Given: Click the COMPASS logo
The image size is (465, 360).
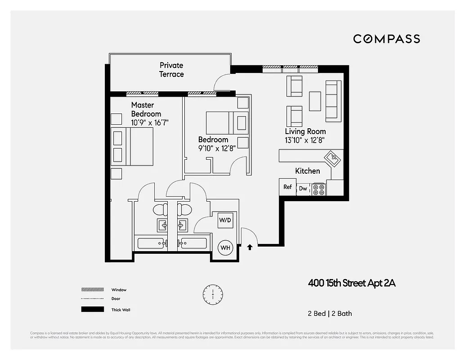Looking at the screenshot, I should (386, 39).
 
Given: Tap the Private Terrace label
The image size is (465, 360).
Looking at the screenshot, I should (171, 70).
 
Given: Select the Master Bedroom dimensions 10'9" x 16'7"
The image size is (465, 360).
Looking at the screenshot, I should (150, 122).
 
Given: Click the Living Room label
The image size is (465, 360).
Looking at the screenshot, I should (305, 131).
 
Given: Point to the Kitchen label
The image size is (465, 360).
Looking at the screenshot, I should (308, 171).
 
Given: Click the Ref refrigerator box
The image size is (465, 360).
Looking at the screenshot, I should (287, 187).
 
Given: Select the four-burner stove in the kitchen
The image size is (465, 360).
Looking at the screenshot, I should (319, 189).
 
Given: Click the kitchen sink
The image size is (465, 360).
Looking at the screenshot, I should (334, 158).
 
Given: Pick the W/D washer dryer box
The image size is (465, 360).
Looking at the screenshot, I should (225, 220).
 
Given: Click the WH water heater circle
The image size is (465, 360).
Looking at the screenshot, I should (225, 247).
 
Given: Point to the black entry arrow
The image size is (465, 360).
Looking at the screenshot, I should (250, 247).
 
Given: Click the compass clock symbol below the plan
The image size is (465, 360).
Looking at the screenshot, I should (212, 295).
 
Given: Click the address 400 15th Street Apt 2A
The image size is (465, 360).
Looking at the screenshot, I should (352, 283).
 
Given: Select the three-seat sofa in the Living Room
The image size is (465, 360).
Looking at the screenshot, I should (333, 101).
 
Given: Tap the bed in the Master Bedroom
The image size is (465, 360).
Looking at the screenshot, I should (133, 147).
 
